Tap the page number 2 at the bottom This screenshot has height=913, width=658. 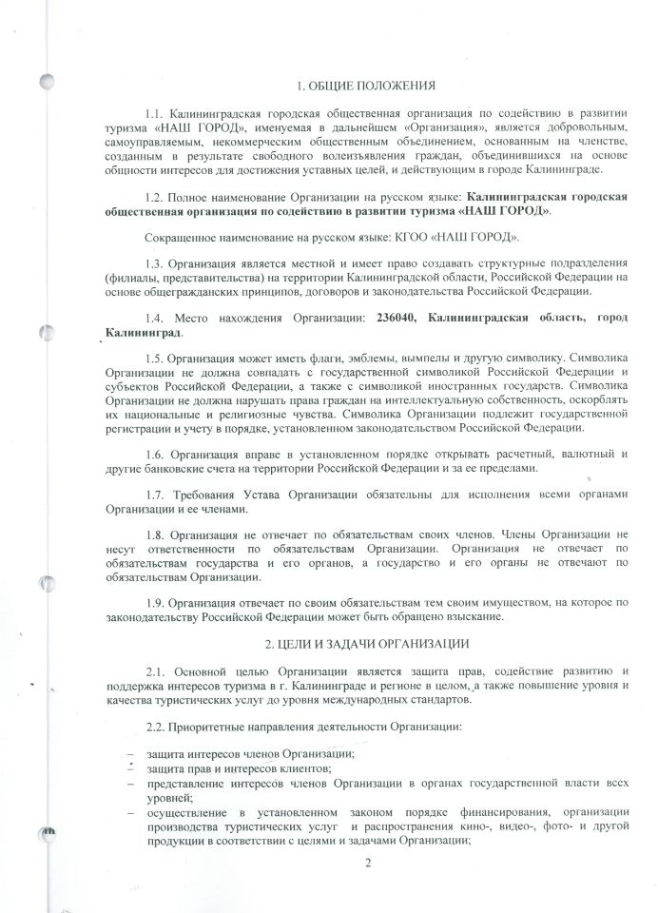[366, 864]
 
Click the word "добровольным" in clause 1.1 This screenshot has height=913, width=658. [590, 126]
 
